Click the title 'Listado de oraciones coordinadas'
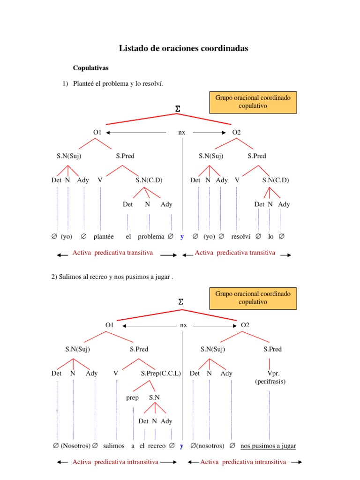click(x=183, y=48)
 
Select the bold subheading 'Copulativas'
click(x=90, y=68)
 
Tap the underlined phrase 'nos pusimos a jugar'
click(x=268, y=446)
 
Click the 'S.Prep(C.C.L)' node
click(x=161, y=374)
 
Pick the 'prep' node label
click(x=133, y=397)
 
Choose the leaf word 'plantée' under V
click(x=104, y=237)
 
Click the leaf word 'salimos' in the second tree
click(x=114, y=446)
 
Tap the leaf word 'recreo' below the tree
click(x=157, y=446)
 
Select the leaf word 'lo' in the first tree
click(x=271, y=237)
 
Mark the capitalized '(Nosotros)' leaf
click(x=75, y=446)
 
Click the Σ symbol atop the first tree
click(x=178, y=109)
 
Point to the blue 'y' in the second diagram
click(x=181, y=446)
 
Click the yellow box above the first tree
click(x=253, y=102)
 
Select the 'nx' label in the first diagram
click(x=182, y=132)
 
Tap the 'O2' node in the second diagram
click(x=245, y=325)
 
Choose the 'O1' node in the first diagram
click(x=97, y=132)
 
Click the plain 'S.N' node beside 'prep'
click(x=154, y=397)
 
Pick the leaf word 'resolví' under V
click(x=240, y=237)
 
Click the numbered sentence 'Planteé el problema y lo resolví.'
click(x=118, y=83)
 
